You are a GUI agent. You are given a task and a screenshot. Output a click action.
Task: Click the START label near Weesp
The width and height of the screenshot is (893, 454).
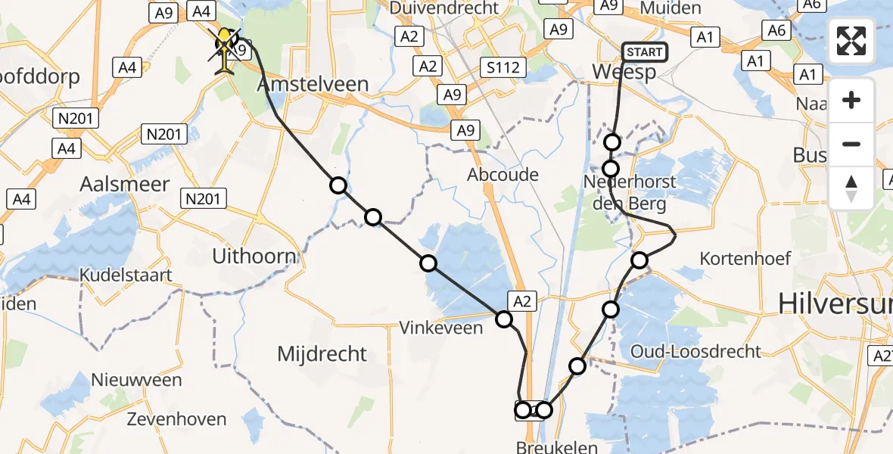[x=645, y=52]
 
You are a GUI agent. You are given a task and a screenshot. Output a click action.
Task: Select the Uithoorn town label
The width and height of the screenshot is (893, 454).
[x=254, y=257]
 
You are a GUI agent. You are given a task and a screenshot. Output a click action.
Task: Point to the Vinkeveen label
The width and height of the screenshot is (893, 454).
[x=441, y=328]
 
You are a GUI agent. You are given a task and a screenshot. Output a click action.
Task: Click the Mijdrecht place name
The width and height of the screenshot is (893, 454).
[x=322, y=353]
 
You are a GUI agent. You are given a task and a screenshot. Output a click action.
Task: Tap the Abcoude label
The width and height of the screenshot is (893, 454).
[x=503, y=175]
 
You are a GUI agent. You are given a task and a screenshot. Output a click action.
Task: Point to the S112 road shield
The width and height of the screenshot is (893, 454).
[x=503, y=68]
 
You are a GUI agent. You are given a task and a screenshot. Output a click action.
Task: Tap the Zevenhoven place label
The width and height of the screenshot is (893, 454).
[x=176, y=418]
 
